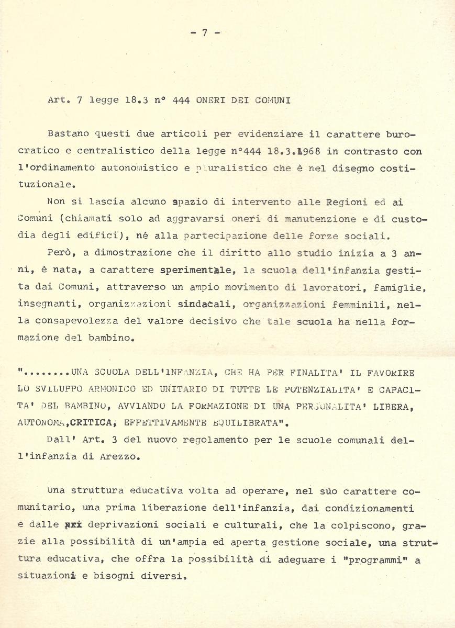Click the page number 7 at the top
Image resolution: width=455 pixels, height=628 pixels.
(x=204, y=32)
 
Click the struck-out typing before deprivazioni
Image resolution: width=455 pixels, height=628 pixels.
(x=73, y=524)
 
